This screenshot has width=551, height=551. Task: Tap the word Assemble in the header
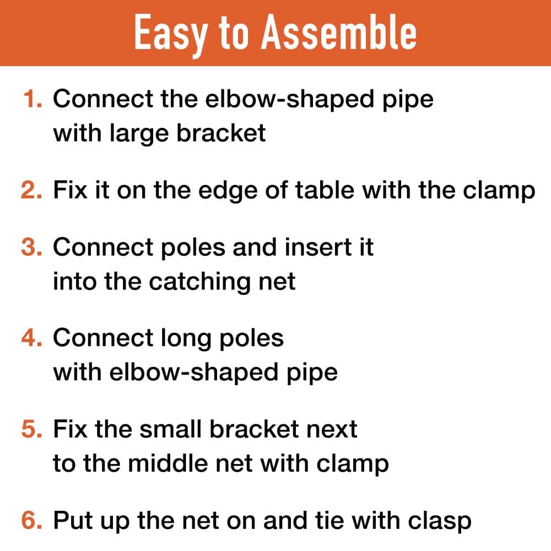[338, 33]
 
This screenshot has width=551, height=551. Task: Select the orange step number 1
[33, 99]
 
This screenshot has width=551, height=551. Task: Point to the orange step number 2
[31, 190]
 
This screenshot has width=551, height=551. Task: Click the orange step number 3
[31, 247]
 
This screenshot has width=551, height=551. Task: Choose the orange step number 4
[31, 338]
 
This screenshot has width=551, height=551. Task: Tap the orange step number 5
[31, 429]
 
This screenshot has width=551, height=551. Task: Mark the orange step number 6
[31, 521]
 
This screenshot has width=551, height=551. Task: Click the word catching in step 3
[199, 283]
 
